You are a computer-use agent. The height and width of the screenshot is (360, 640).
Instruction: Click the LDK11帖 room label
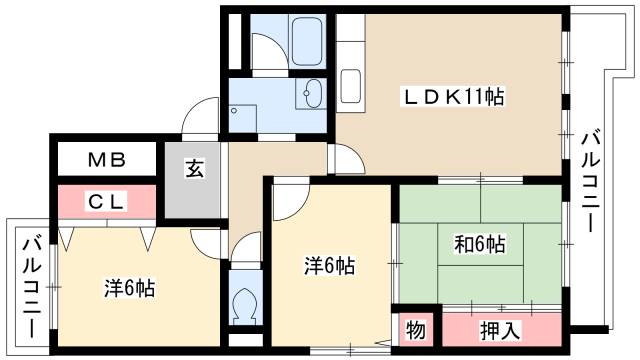tap(453, 97)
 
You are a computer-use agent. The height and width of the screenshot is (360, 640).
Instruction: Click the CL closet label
tap(106, 201)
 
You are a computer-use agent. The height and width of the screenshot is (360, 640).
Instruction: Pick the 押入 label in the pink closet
tap(500, 327)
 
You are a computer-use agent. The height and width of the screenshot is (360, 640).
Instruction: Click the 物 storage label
tap(414, 327)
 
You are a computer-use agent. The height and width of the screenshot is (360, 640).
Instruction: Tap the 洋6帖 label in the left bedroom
tap(129, 289)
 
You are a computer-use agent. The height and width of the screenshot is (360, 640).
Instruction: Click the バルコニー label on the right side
tap(592, 180)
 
